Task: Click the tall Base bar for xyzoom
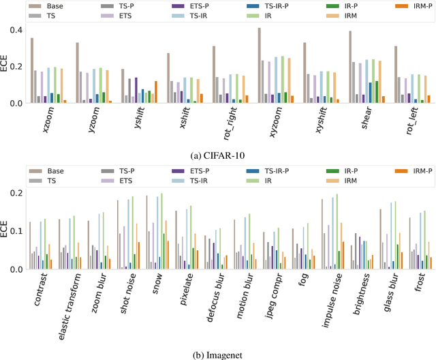tap(260, 65)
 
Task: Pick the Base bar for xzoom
tap(31, 70)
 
